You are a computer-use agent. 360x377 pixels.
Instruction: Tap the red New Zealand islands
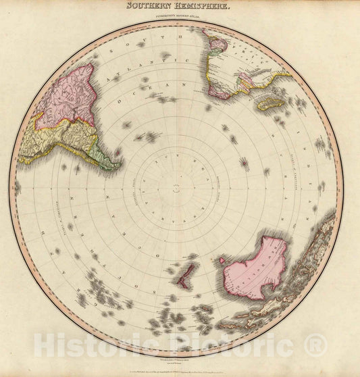tap(185, 274)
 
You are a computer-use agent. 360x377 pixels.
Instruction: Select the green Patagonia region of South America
tap(101, 155)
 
